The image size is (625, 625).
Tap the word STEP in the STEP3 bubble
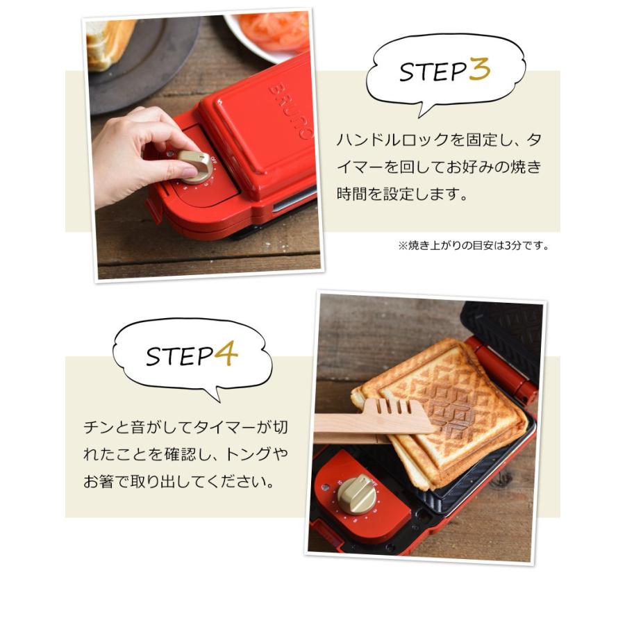tap(431, 72)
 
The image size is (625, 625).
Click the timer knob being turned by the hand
tap(194, 165)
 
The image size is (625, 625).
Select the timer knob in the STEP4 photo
tap(357, 493)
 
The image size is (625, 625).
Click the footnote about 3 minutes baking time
tap(473, 245)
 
